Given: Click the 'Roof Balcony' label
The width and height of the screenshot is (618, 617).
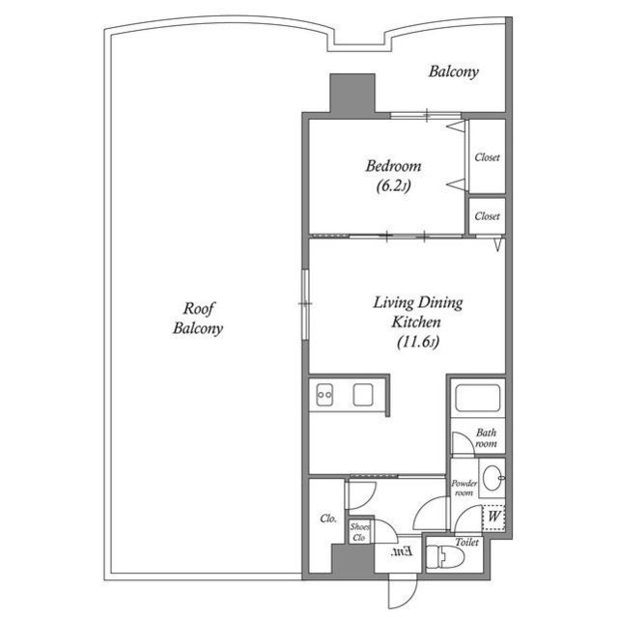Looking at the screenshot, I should tap(198, 318).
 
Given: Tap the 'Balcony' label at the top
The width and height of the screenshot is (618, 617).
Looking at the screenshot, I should tap(454, 71).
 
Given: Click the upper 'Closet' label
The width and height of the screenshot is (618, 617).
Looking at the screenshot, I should tap(487, 157).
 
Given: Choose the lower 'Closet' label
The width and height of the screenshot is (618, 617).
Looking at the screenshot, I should tap(487, 216).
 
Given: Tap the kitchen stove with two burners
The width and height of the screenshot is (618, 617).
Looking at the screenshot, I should tap(323, 395).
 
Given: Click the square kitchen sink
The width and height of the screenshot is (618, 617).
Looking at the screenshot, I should tap(363, 395).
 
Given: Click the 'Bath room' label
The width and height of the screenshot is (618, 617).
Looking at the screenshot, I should tap(486, 439).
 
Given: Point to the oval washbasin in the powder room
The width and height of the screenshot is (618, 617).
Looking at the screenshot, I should tap(492, 476).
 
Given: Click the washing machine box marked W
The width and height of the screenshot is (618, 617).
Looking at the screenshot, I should tap(493, 518).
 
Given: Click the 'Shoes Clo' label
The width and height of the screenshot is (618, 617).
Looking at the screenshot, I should tap(359, 532).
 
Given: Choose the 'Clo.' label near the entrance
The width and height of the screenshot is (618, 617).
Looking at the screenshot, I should tap(327, 519).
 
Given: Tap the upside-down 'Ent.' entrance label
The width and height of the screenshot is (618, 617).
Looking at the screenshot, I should tap(403, 553).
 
